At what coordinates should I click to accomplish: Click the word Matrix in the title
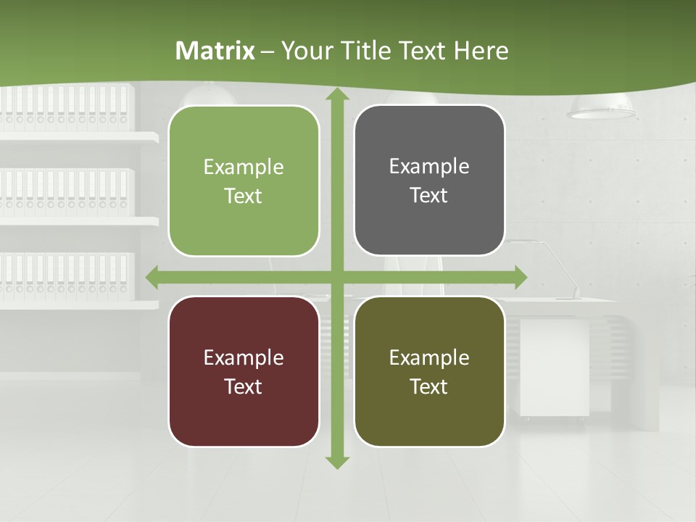pyautogui.click(x=215, y=51)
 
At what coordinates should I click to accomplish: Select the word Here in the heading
pyautogui.click(x=481, y=51)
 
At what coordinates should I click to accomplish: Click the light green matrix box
pyautogui.click(x=244, y=181)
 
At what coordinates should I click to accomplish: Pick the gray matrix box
pyautogui.click(x=429, y=181)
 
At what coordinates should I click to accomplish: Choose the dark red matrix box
pyautogui.click(x=244, y=371)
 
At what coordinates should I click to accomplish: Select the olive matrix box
pyautogui.click(x=429, y=371)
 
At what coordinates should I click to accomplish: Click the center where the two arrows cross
pyautogui.click(x=337, y=277)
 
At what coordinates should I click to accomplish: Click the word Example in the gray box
pyautogui.click(x=429, y=166)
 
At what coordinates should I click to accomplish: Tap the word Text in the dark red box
pyautogui.click(x=244, y=386)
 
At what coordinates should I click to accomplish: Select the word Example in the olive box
pyautogui.click(x=429, y=357)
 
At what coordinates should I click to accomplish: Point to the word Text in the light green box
pyautogui.click(x=244, y=196)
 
